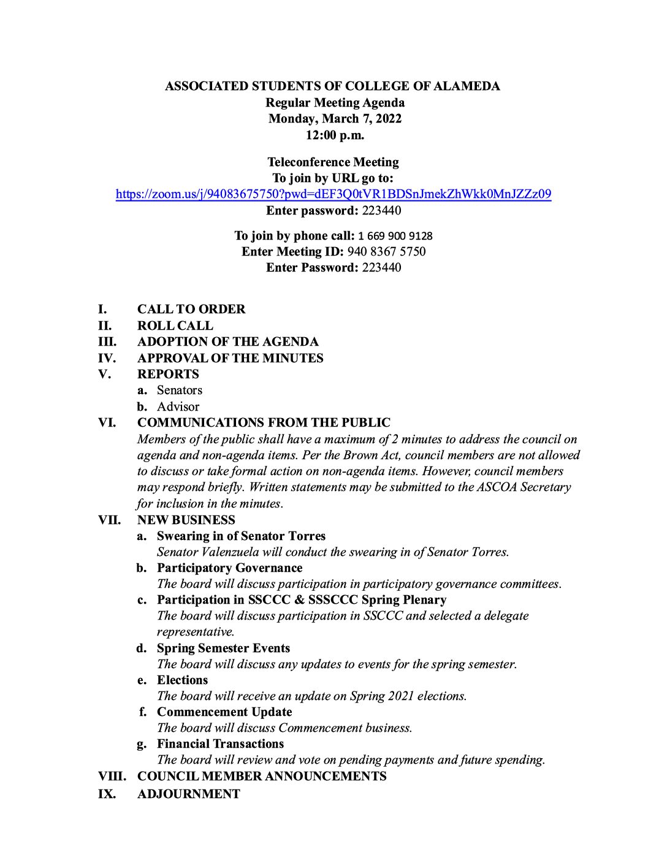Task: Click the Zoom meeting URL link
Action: tap(333, 194)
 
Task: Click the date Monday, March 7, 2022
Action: tap(335, 118)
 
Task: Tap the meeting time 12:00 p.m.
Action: tap(335, 135)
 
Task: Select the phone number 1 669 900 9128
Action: tap(395, 236)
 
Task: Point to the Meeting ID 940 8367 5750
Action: tap(386, 251)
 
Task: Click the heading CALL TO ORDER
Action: tap(191, 309)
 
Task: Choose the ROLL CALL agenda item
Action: tap(175, 325)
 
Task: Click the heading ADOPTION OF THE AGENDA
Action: tap(228, 341)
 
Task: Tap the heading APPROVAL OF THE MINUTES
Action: tap(230, 358)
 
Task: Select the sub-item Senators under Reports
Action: tap(180, 390)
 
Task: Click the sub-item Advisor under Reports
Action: tap(178, 406)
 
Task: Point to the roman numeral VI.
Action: tap(107, 422)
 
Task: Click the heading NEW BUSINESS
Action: tap(186, 520)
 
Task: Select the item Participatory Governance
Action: tap(229, 568)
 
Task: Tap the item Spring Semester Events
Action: tap(223, 648)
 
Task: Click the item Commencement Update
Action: tap(224, 712)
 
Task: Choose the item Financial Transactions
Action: tap(220, 743)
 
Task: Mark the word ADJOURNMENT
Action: tap(189, 794)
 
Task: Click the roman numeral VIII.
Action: tap(112, 776)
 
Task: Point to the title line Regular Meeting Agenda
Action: tap(335, 102)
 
